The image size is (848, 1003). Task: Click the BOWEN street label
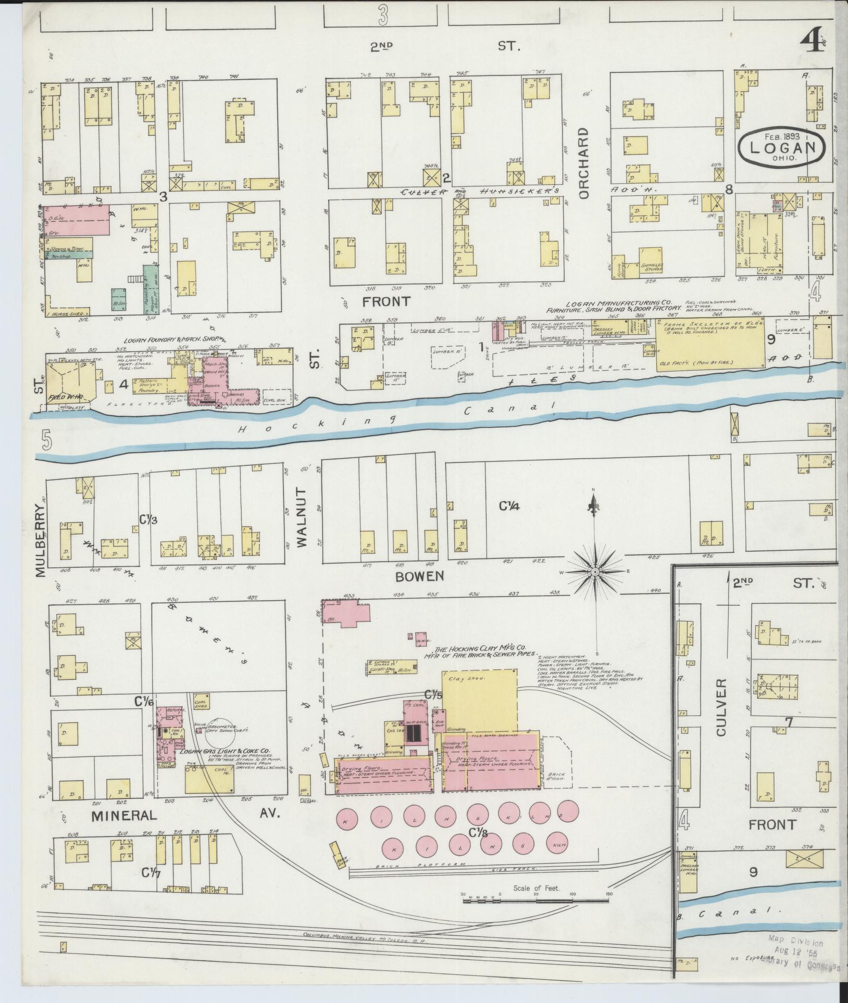(x=419, y=576)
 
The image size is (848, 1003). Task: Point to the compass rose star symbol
(x=594, y=572)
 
